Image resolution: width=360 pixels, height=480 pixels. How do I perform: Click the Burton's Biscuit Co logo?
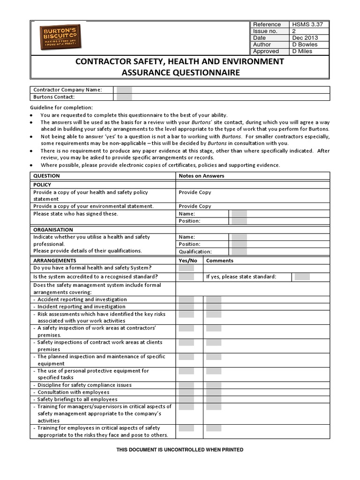click(x=60, y=37)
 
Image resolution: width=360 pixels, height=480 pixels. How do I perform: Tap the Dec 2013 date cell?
click(x=305, y=38)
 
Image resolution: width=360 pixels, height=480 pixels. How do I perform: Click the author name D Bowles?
click(x=305, y=45)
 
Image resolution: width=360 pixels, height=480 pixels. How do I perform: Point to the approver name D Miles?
click(x=302, y=52)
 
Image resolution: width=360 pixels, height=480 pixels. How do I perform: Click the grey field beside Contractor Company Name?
click(x=124, y=90)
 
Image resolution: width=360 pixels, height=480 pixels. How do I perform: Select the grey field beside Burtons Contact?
click(x=124, y=97)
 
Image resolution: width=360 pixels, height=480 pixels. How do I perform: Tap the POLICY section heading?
click(x=42, y=185)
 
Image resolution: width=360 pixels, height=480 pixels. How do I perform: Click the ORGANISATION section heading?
click(x=53, y=230)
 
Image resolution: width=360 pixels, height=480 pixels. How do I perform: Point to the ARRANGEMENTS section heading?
click(x=54, y=261)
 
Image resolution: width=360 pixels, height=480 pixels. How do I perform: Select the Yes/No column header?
click(x=188, y=261)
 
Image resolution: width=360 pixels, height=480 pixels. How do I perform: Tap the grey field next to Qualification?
click(x=239, y=251)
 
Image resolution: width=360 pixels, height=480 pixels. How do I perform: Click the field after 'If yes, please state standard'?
click(x=302, y=277)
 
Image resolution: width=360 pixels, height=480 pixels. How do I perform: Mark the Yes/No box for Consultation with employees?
click(x=186, y=392)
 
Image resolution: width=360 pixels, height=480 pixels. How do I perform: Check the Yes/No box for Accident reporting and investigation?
click(x=186, y=300)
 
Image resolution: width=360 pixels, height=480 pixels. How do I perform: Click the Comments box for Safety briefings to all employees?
click(x=214, y=399)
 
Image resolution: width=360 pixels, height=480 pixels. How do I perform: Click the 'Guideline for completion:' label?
click(x=61, y=108)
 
